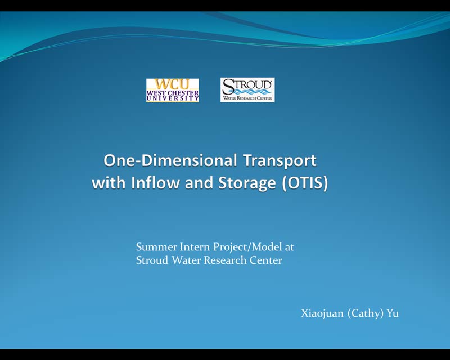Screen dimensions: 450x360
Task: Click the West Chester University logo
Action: tap(173, 90)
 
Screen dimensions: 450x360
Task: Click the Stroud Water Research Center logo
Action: tap(247, 90)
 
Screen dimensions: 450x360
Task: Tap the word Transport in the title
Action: tap(280, 161)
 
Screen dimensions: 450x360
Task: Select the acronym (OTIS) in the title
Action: tap(305, 183)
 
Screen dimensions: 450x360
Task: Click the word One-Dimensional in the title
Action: tap(170, 160)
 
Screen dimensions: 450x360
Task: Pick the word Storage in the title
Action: tap(247, 183)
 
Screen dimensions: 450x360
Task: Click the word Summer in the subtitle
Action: tap(156, 247)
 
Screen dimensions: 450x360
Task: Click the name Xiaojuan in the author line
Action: tap(322, 313)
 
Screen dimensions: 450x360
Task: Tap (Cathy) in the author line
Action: tap(365, 313)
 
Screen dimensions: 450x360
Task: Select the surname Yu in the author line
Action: tap(393, 313)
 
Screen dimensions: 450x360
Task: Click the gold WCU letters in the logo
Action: tap(173, 84)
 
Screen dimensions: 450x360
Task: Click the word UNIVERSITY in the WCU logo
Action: tap(173, 98)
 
